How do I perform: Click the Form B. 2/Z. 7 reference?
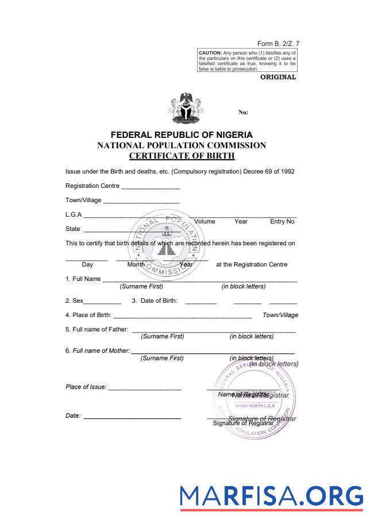278,44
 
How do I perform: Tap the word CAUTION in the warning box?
210,53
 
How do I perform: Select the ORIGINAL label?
278,77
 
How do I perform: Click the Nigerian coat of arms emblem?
185,108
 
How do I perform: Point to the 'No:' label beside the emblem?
243,113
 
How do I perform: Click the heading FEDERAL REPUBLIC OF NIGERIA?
182,135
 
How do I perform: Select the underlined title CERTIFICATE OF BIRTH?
182,156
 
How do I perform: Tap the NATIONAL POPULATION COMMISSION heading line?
182,145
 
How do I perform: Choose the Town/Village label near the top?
83,201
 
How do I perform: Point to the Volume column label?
205,222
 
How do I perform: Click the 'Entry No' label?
282,222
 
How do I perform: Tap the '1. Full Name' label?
83,279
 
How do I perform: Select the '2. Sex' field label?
75,301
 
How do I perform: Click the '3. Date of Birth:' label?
155,301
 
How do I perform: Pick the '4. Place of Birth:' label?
88,315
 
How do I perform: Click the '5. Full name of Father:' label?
97,330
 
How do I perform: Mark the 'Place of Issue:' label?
86,387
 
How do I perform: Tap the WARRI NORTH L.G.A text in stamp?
256,406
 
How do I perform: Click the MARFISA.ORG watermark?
271,496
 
